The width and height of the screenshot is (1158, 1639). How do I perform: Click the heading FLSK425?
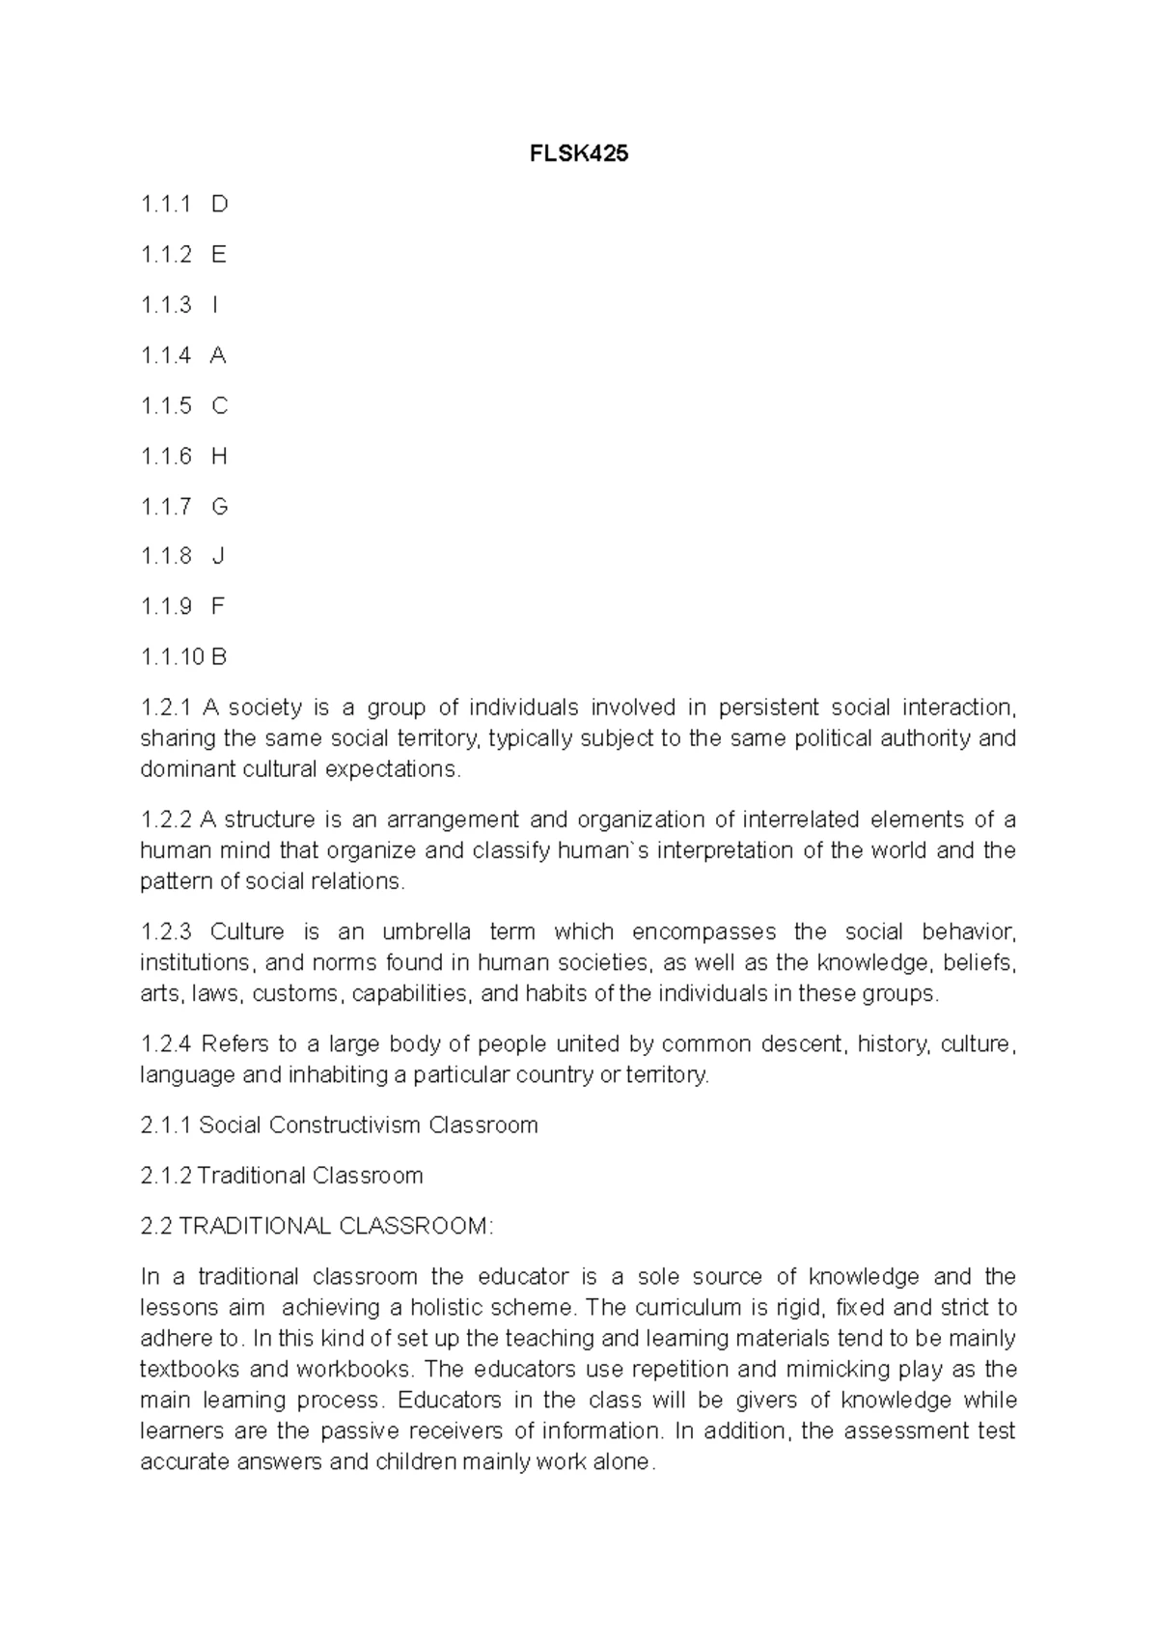pyautogui.click(x=579, y=153)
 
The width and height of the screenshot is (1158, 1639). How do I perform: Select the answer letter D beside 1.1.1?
pyautogui.click(x=219, y=204)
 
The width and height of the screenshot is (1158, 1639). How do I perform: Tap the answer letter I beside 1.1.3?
pyautogui.click(x=215, y=305)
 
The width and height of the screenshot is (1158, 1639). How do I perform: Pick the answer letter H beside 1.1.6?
pyautogui.click(x=219, y=456)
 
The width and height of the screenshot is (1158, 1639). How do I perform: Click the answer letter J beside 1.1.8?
pyautogui.click(x=218, y=556)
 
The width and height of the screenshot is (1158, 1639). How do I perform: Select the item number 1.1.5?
pyautogui.click(x=166, y=405)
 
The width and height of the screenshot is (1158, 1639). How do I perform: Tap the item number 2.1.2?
pyautogui.click(x=166, y=1176)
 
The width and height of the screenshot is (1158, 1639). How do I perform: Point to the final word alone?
pyautogui.click(x=623, y=1462)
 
